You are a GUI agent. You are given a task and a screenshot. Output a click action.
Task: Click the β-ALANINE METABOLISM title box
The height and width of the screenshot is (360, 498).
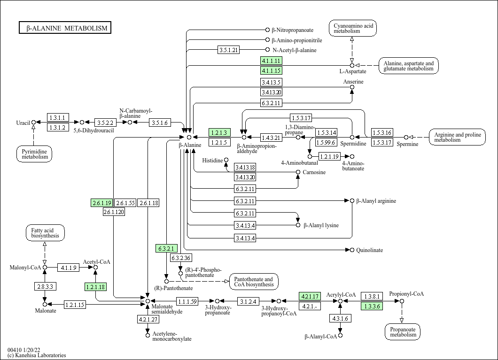coord(65,28)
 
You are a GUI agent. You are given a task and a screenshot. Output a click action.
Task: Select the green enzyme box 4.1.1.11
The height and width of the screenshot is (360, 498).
coord(271,61)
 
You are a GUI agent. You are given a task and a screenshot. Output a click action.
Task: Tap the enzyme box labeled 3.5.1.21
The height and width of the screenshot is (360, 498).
coord(229,50)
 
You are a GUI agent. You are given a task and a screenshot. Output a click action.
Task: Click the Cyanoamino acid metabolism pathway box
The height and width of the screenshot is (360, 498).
coord(353,28)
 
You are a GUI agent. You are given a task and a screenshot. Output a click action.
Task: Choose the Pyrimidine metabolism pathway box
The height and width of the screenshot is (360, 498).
coord(35,154)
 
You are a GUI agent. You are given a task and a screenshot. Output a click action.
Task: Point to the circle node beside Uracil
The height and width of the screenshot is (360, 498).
coord(33,123)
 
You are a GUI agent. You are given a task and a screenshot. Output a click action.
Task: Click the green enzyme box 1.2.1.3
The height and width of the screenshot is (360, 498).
coord(219,132)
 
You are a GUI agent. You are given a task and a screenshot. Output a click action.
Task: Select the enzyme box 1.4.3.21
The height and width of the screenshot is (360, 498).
coord(271,138)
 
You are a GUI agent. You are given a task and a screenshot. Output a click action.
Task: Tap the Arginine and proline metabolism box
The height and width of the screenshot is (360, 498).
coord(457,138)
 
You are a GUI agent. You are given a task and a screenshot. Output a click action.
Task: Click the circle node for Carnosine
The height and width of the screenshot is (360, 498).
coord(298,172)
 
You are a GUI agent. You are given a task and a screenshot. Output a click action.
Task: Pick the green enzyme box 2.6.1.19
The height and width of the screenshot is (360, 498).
coord(102,203)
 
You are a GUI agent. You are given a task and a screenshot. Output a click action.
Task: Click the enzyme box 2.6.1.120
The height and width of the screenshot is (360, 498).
coord(114,212)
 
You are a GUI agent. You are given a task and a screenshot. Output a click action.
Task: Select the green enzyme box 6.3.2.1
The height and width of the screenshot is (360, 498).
coord(166,248)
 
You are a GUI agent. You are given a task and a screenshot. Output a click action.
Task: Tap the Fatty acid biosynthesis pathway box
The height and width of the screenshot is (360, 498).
coord(45,233)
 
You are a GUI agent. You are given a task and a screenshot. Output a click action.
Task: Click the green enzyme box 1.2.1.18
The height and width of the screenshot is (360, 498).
coord(95,287)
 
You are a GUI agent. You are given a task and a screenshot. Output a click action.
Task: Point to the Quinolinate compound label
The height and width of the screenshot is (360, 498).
coord(369,250)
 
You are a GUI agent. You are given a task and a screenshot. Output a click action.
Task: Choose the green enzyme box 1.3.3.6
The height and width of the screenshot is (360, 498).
coord(372,306)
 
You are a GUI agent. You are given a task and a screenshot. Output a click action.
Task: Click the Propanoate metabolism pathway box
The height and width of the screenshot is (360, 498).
coord(403,332)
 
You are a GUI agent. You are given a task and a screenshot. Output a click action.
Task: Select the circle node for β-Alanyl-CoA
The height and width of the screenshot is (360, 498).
coord(340,335)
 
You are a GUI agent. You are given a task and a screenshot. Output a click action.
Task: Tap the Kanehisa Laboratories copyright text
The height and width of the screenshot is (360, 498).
coord(37,355)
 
